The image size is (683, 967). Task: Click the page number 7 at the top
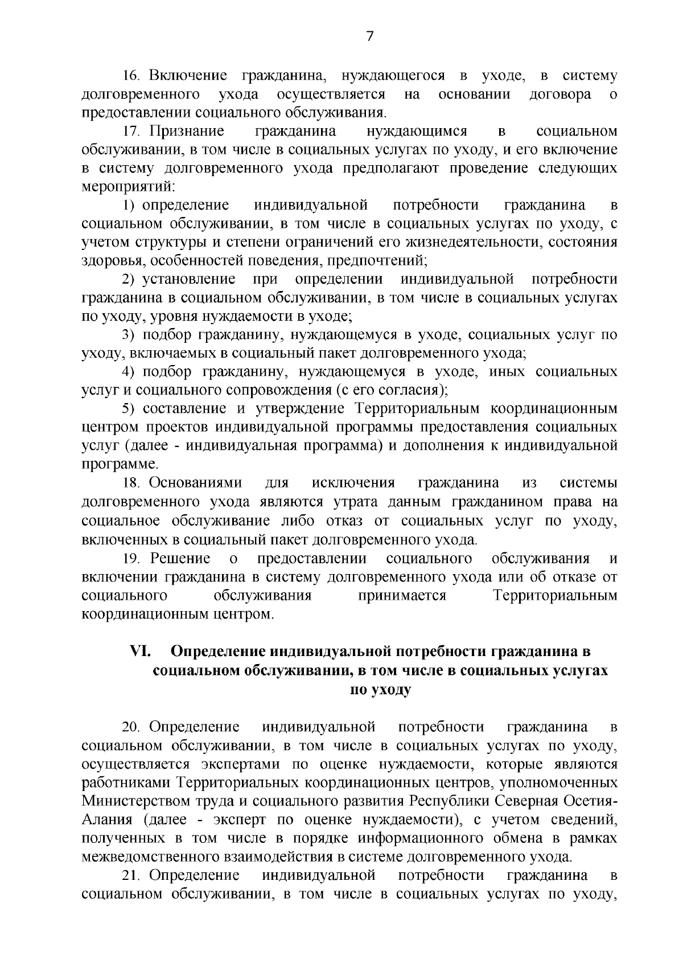coord(369,36)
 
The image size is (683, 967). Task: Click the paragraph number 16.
coord(132,76)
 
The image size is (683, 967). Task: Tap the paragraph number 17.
coord(132,132)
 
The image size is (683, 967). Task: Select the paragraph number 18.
coord(132,483)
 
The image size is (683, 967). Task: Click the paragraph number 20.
coord(132,727)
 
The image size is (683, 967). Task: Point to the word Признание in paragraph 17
coord(187,132)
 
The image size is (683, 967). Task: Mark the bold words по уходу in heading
coord(380,689)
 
